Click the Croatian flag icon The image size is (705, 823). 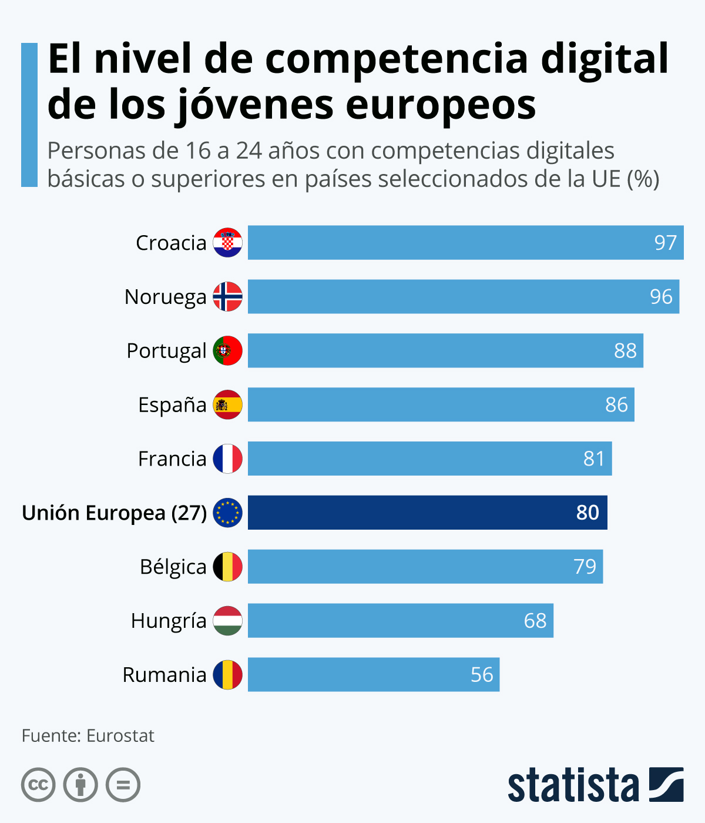227,243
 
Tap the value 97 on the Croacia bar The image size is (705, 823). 666,243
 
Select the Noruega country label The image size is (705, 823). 165,297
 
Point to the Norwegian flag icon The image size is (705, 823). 227,296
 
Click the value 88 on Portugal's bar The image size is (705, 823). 625,351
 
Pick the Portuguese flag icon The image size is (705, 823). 227,350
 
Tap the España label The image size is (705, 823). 172,405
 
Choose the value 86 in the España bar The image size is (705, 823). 616,405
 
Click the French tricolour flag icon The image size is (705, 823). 227,459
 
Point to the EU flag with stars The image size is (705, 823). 227,513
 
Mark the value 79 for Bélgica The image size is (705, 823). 585,567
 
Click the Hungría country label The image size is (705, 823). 169,621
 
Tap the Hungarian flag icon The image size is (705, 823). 227,621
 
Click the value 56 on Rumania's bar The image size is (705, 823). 482,675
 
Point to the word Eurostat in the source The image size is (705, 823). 120,736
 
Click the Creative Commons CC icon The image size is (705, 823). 38,785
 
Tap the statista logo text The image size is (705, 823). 573,785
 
